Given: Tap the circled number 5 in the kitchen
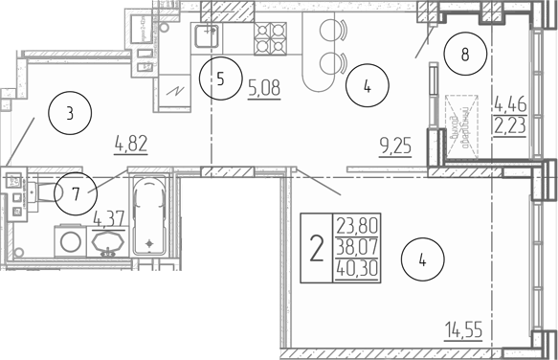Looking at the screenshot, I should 220,80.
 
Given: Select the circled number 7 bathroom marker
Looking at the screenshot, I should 75,192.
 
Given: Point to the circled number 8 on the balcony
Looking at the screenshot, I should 464,55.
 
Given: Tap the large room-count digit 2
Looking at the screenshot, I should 316,249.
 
